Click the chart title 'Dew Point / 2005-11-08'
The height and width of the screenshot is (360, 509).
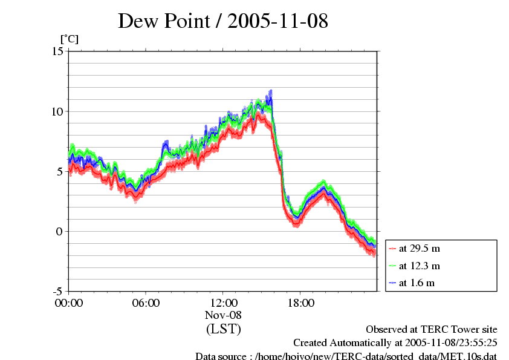pos(222,21)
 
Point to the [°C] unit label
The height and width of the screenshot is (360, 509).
pos(69,39)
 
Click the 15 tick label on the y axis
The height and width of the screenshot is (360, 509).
pos(57,51)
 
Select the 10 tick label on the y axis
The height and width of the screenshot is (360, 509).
pos(57,111)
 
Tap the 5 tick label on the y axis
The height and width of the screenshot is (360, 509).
pos(60,171)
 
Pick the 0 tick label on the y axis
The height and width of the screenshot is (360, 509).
pos(60,231)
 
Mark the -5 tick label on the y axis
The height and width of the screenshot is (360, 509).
pos(58,291)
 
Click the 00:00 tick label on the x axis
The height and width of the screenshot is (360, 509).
pos(69,303)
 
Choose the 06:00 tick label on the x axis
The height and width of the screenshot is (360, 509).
pos(146,303)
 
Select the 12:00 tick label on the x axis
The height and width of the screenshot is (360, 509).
pos(223,303)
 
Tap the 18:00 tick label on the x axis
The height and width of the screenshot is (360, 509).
pos(300,303)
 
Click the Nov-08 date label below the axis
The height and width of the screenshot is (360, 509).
pos(223,315)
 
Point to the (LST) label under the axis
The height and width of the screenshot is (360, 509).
pos(223,329)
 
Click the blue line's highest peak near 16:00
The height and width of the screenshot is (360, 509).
pos(270,91)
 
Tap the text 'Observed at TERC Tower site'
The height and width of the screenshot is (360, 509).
pos(432,330)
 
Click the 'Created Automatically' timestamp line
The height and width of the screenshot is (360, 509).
pos(395,343)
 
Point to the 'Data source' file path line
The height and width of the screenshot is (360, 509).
pos(346,356)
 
